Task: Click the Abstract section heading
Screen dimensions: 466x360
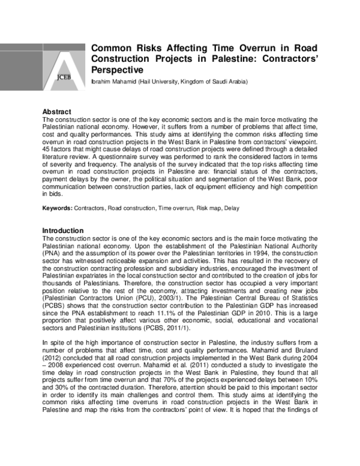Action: (x=57, y=112)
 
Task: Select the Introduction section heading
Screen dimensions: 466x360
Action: (x=64, y=231)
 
